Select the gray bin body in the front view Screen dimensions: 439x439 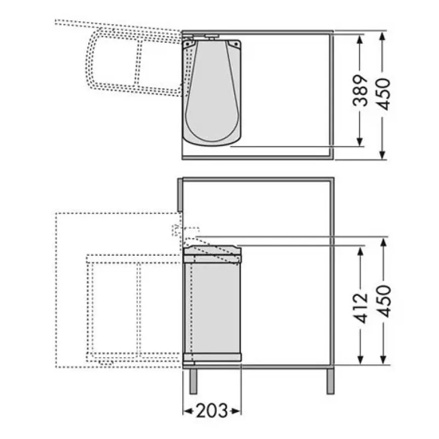point(213,307)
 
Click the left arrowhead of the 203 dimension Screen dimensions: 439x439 point(187,411)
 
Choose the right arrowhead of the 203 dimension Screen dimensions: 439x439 point(237,411)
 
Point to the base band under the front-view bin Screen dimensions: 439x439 point(213,357)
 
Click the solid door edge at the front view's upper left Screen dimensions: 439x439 point(179,195)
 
